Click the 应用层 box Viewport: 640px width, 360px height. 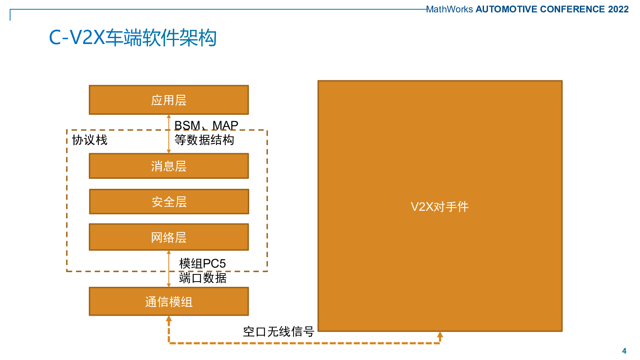(x=169, y=100)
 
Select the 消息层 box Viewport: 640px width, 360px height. (x=169, y=166)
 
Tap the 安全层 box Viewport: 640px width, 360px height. (x=169, y=202)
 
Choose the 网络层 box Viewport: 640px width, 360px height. (x=169, y=237)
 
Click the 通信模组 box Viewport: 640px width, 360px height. (x=169, y=302)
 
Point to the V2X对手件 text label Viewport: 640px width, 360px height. (x=440, y=207)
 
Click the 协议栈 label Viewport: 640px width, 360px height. (x=90, y=140)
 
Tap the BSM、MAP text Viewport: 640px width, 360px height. (x=206, y=126)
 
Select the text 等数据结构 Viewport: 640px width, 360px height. (x=204, y=140)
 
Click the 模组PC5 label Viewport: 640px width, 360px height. (x=202, y=264)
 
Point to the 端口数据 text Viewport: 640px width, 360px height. (x=202, y=278)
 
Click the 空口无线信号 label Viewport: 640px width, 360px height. (x=278, y=332)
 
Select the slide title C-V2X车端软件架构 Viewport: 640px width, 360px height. (x=133, y=38)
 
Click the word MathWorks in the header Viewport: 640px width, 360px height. (x=450, y=10)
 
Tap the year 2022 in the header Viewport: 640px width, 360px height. (x=618, y=10)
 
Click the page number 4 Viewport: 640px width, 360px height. (x=624, y=351)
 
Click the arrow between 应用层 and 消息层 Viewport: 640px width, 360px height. (x=169, y=134)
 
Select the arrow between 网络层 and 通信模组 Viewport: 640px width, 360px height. (x=169, y=269)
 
